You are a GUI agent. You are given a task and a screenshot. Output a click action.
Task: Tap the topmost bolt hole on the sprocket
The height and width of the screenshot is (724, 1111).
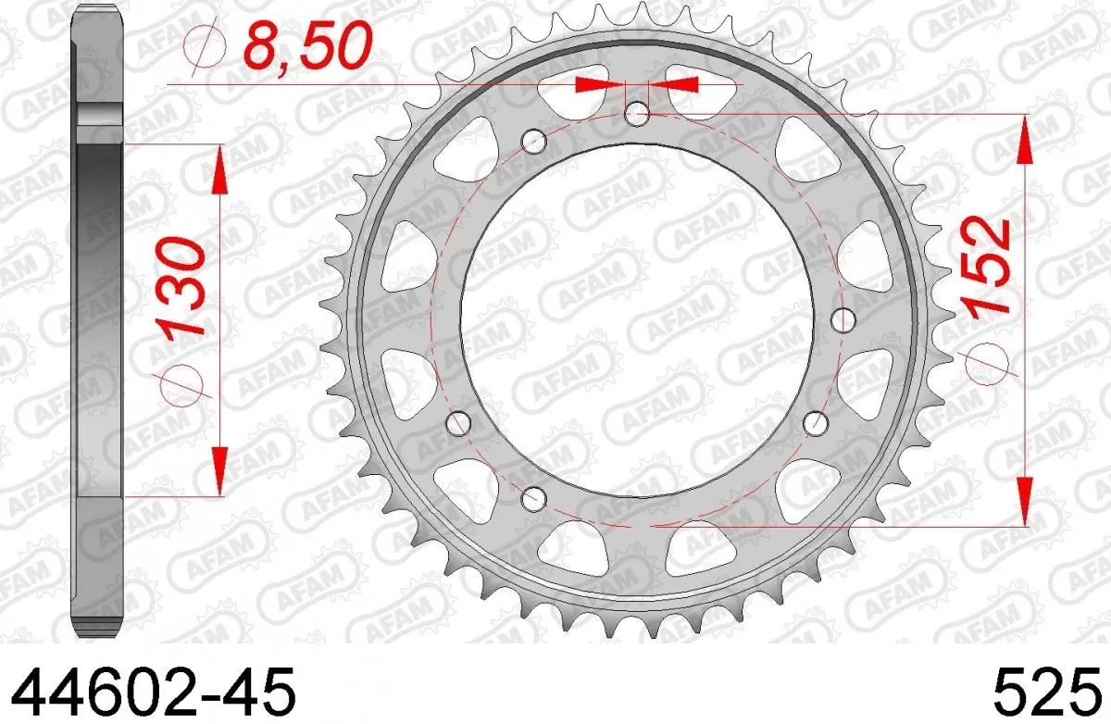pos(636,115)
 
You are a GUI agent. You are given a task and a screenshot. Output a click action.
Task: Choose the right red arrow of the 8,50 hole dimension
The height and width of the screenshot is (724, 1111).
pos(674,84)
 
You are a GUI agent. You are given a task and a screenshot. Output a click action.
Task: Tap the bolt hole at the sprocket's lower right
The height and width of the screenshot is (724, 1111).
pos(816,423)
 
